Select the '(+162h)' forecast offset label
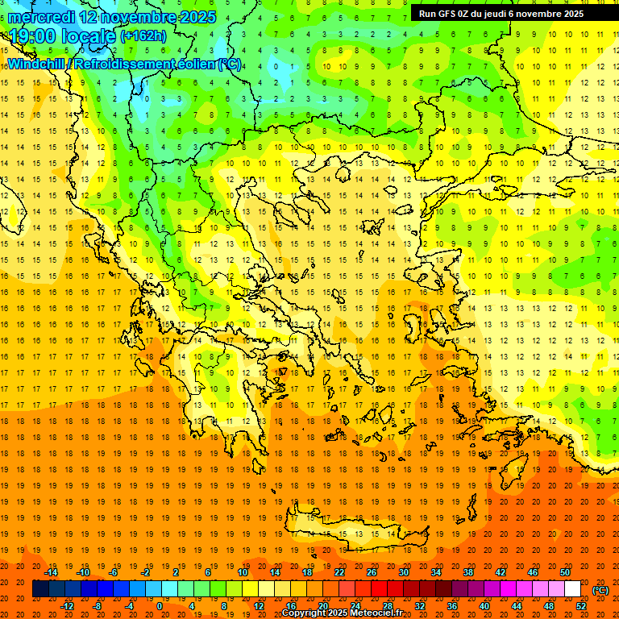[143, 35]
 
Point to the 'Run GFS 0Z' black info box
[508, 13]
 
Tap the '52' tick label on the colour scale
[581, 606]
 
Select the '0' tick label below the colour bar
[159, 606]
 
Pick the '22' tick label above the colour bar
[339, 572]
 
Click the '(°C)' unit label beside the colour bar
[600, 590]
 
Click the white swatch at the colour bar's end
[573, 589]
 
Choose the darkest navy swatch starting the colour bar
[40, 589]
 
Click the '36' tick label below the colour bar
[452, 606]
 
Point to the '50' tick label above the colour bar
[565, 572]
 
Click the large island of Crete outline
[355, 534]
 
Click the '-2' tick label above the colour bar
[146, 572]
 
